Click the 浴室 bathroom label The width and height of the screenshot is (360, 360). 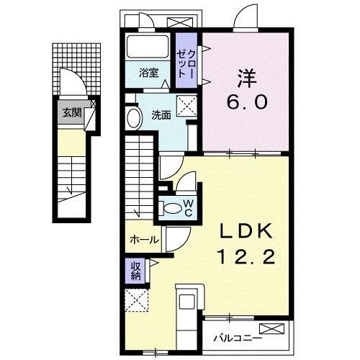coord(148,72)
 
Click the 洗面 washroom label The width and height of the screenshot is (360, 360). coord(160,115)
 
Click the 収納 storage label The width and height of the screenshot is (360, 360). coord(136,270)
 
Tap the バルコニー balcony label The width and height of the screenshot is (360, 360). coord(235,336)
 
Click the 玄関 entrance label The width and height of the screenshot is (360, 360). coord(71,112)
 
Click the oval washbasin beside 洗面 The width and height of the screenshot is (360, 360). coord(134,118)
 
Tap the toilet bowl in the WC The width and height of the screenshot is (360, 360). coord(172,208)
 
